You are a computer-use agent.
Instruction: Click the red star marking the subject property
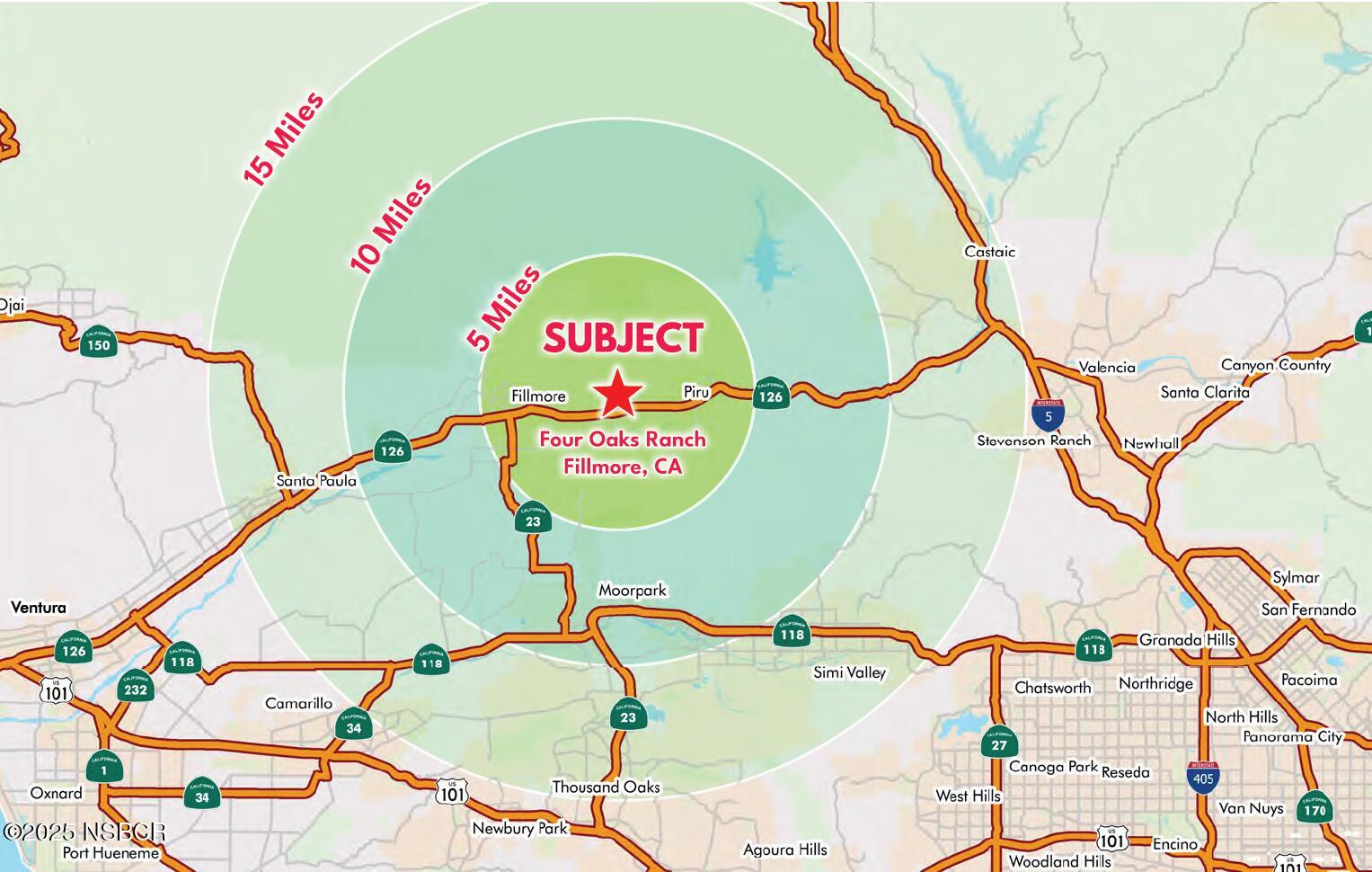tap(618, 394)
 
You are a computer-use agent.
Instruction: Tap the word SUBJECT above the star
tap(623, 338)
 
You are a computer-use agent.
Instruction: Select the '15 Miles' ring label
tap(283, 139)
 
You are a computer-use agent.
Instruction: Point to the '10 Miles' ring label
tap(391, 226)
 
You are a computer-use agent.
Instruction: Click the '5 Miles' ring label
tap(503, 307)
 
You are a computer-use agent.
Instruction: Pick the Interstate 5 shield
tap(1049, 414)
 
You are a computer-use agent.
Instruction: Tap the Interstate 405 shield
tap(1203, 777)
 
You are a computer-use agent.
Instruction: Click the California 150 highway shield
tap(98, 343)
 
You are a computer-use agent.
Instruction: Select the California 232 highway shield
tap(136, 688)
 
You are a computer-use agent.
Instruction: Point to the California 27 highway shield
tap(999, 743)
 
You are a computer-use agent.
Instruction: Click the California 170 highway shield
tap(1314, 807)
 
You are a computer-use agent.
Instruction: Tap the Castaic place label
tap(989, 252)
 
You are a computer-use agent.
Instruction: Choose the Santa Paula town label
tap(316, 481)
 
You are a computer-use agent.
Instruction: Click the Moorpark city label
tap(633, 591)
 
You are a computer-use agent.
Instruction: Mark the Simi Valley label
tap(849, 672)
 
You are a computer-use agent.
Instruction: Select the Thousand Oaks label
tap(606, 787)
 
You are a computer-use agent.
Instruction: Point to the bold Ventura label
tap(39, 608)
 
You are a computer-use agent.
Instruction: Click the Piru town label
tap(696, 392)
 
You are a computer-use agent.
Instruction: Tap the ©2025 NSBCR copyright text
tap(84, 831)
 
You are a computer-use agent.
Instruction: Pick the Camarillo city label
tap(298, 703)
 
